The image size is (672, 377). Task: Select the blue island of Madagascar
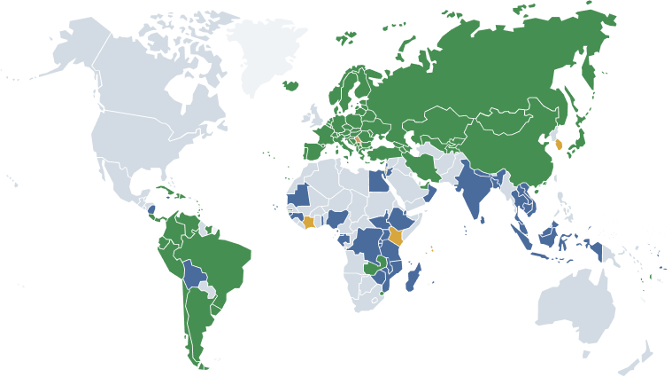coord(412,279)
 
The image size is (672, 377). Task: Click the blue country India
coord(473,191)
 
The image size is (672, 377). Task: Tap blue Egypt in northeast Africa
coord(376,182)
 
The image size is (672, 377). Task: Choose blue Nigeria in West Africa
coord(341,217)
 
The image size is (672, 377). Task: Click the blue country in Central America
coord(151,208)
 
